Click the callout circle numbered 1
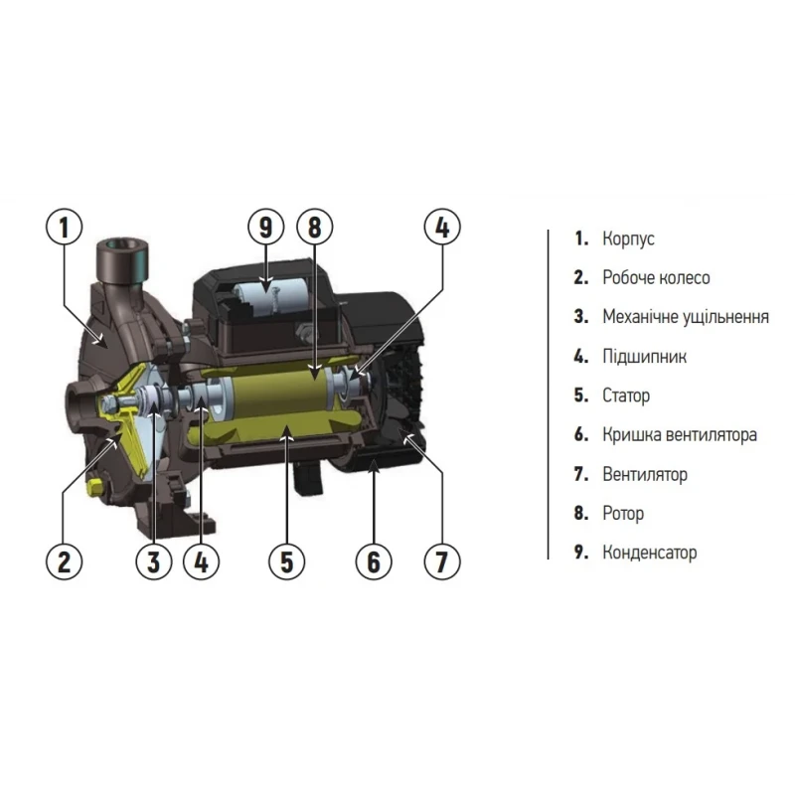coord(64,228)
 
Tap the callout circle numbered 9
coord(265,228)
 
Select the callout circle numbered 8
coord(315,228)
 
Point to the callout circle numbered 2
coord(64,561)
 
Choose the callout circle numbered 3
coord(153,561)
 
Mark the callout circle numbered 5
coord(286,561)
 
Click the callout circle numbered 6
coord(374,561)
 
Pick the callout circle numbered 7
coord(441,561)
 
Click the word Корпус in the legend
coord(628,239)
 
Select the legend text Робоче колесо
coord(656,278)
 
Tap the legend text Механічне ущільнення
coord(685,317)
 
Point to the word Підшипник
coord(644,357)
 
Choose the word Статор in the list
coord(626,396)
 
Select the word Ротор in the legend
coord(623,514)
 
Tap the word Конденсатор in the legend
coord(650,553)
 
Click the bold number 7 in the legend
coord(580,474)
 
